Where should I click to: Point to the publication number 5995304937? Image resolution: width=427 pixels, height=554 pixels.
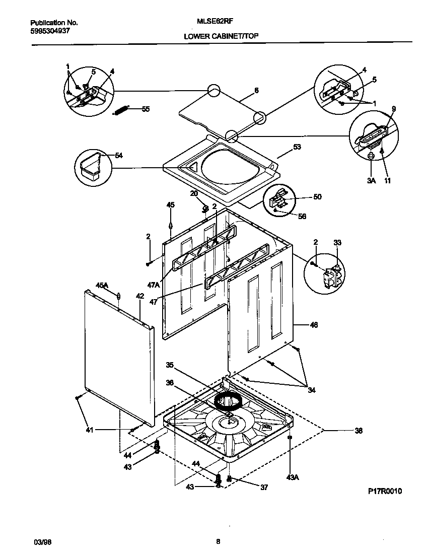[x=50, y=31]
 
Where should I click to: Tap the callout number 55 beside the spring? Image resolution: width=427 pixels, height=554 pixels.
[x=146, y=109]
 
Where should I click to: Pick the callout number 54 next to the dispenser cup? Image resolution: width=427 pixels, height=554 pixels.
[x=119, y=155]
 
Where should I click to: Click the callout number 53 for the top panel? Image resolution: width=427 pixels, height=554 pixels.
[x=297, y=148]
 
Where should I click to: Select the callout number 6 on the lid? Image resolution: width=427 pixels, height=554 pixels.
[x=256, y=90]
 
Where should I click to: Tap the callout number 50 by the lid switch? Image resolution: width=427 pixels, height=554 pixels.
[x=317, y=197]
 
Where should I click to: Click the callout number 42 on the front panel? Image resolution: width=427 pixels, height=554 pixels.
[x=140, y=297]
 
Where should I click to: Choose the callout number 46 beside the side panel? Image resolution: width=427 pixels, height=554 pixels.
[x=314, y=325]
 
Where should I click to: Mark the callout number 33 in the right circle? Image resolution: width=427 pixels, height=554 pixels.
[x=337, y=243]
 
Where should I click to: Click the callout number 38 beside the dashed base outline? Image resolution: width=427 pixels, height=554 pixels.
[x=359, y=431]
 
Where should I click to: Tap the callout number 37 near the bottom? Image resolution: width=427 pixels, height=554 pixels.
[x=264, y=487]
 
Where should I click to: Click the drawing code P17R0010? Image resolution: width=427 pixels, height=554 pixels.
[x=385, y=492]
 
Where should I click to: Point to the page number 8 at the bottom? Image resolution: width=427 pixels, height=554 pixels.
[x=218, y=542]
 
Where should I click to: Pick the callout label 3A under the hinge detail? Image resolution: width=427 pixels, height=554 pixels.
[x=371, y=180]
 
